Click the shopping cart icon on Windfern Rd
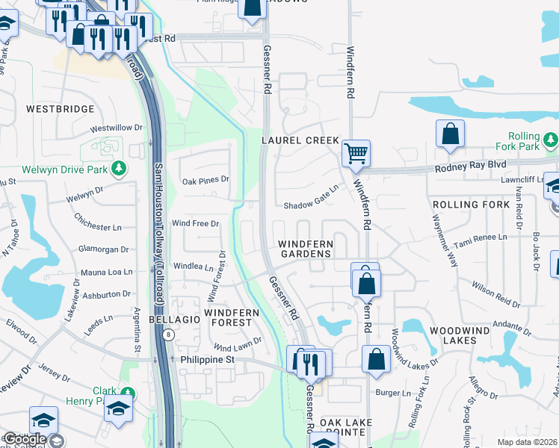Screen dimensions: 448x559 point(356,153)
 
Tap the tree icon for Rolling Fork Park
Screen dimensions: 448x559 point(550,139)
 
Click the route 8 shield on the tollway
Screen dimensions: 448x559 point(170,335)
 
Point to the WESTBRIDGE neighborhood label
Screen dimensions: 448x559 point(61,109)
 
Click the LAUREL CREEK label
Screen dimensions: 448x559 point(300,140)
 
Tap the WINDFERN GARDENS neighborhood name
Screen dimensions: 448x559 point(305,249)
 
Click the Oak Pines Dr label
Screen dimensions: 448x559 point(206,180)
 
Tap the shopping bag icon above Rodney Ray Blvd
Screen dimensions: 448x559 point(451,134)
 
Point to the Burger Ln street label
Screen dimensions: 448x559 point(393,393)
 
